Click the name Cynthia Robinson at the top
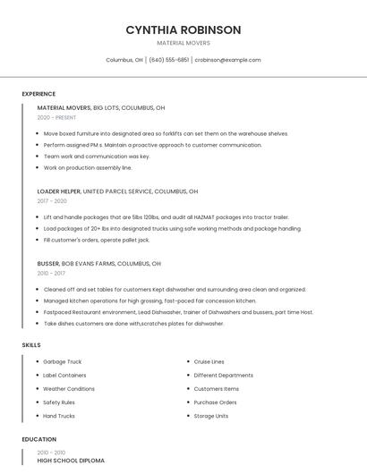183,30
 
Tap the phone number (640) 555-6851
169,60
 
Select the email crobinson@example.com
227,60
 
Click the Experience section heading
38,94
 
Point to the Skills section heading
31,344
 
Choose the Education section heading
38,439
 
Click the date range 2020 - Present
56,117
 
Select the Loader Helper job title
59,191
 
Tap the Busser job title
48,264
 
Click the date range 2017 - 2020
52,201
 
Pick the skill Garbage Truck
63,361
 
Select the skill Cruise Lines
209,361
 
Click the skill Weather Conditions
69,389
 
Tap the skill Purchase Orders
215,402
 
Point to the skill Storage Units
211,416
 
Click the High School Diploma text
71,461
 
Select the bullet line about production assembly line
88,167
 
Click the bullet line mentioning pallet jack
97,240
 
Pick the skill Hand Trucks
59,416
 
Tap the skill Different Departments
224,375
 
